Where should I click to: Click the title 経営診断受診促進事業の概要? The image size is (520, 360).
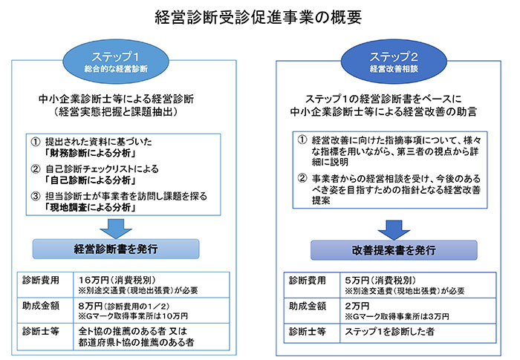click(x=258, y=17)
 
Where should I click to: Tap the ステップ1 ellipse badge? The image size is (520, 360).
click(x=116, y=62)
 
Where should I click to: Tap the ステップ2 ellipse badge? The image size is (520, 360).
click(x=394, y=62)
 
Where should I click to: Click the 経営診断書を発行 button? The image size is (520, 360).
click(x=116, y=249)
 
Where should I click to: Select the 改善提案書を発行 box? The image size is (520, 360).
click(x=394, y=250)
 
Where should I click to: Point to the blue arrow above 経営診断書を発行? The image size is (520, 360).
click(x=116, y=229)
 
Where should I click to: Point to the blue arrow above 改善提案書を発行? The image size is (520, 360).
click(x=394, y=230)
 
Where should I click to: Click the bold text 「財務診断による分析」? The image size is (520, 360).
click(x=90, y=153)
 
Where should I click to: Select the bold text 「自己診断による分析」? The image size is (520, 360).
click(x=90, y=180)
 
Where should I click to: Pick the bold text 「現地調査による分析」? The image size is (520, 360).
click(x=90, y=208)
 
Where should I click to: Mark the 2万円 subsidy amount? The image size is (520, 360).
click(x=357, y=306)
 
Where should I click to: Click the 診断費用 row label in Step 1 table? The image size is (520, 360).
click(x=41, y=281)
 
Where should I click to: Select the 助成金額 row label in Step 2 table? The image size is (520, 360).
click(x=308, y=306)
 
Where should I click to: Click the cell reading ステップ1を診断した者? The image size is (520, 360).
click(x=390, y=332)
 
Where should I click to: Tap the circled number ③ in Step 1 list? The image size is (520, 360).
click(x=36, y=196)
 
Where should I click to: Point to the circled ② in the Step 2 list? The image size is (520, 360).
click(x=302, y=179)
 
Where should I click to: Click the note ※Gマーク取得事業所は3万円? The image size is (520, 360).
click(x=397, y=316)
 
